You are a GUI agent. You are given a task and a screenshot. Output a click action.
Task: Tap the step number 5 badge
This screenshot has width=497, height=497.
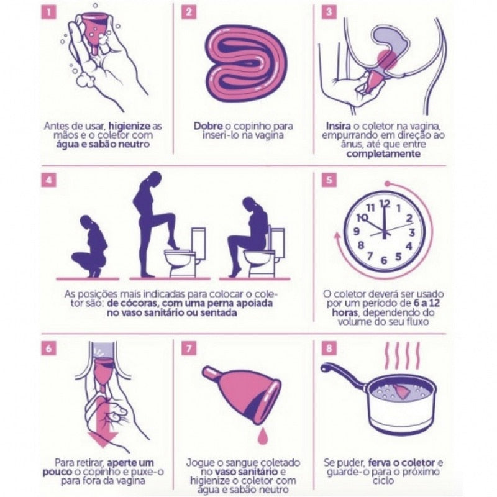coord(329,181)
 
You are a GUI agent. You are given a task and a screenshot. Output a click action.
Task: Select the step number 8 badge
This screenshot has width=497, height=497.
coord(329,349)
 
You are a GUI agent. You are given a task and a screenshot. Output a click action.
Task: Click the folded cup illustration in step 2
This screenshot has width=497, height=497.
coord(246,64)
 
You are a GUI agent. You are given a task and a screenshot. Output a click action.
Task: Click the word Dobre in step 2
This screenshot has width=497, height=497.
coord(208,125)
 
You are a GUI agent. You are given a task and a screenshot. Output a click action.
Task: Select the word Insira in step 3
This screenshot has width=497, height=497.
coord(340,125)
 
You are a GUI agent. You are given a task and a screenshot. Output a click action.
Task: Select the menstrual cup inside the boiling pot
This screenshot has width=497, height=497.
coord(400,391)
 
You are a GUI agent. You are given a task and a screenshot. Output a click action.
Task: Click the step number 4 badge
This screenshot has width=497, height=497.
coord(48,181)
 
